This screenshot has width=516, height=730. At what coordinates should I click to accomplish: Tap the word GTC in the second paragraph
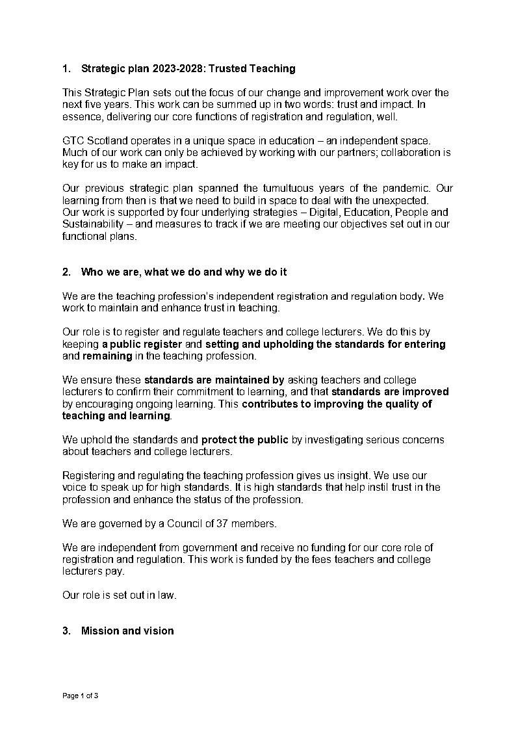(73, 141)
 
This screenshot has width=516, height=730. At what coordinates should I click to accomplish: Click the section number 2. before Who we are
(66, 272)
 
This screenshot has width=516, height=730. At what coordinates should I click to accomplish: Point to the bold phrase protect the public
(244, 439)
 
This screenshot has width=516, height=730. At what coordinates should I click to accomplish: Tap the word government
(190, 547)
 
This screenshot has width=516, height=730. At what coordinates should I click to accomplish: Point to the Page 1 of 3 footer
(80, 696)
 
